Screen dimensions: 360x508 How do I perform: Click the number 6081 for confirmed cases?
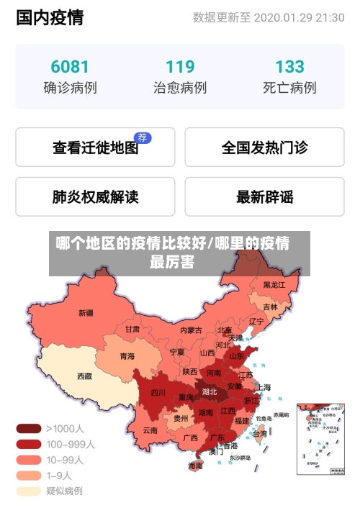click(70, 67)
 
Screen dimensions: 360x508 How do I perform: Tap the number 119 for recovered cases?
click(180, 67)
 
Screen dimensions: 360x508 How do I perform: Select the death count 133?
click(289, 67)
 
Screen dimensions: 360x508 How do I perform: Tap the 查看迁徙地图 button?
click(95, 148)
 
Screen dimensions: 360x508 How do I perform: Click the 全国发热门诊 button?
click(264, 148)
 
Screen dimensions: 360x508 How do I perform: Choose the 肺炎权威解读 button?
click(95, 196)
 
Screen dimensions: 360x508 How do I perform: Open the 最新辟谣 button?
click(264, 196)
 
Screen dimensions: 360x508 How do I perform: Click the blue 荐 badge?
click(143, 137)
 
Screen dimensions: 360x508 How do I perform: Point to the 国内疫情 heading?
click(50, 17)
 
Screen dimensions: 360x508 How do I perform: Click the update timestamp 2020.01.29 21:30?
click(299, 17)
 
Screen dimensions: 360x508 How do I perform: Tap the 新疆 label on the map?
click(86, 313)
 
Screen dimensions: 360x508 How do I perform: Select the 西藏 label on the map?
click(84, 376)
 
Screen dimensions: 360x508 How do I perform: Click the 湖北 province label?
click(210, 392)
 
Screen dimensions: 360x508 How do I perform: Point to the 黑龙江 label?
click(274, 285)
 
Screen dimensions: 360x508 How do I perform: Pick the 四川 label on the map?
click(158, 393)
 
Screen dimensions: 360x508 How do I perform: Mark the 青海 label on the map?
click(127, 355)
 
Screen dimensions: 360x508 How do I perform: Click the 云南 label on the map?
click(150, 430)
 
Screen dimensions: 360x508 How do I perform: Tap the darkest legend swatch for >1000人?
click(29, 428)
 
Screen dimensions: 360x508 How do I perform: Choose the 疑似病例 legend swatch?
click(29, 491)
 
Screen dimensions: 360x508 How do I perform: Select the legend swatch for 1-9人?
click(29, 476)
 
